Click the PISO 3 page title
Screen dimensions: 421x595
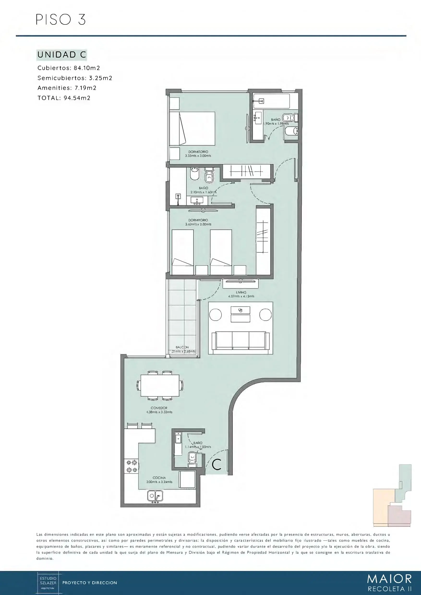click(x=61, y=19)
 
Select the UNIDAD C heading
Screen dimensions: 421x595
click(x=62, y=55)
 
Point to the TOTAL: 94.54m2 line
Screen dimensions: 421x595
click(x=64, y=98)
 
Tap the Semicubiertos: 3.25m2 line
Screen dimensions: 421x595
click(x=75, y=78)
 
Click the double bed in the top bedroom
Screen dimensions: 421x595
click(x=192, y=129)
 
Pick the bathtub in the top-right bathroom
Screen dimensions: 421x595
click(x=271, y=101)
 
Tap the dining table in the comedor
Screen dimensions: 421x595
click(x=160, y=385)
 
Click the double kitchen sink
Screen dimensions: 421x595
click(x=155, y=496)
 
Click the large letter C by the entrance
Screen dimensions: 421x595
click(x=217, y=464)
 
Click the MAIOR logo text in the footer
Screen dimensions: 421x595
click(x=390, y=578)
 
